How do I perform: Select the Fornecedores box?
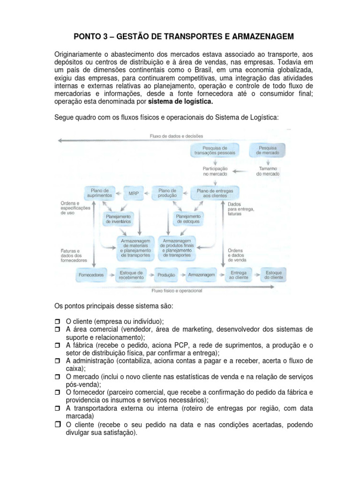point(90,275)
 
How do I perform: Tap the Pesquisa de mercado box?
point(268,150)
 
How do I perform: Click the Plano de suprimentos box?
point(99,193)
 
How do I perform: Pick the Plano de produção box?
point(167,193)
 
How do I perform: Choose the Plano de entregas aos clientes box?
point(215,193)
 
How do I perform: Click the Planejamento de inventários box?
point(118,219)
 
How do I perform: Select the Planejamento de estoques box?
point(188,219)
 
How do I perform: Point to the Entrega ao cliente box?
point(238,275)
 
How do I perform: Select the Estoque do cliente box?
point(273,275)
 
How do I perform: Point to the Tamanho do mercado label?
point(268,171)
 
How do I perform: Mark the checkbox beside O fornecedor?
point(58,393)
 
